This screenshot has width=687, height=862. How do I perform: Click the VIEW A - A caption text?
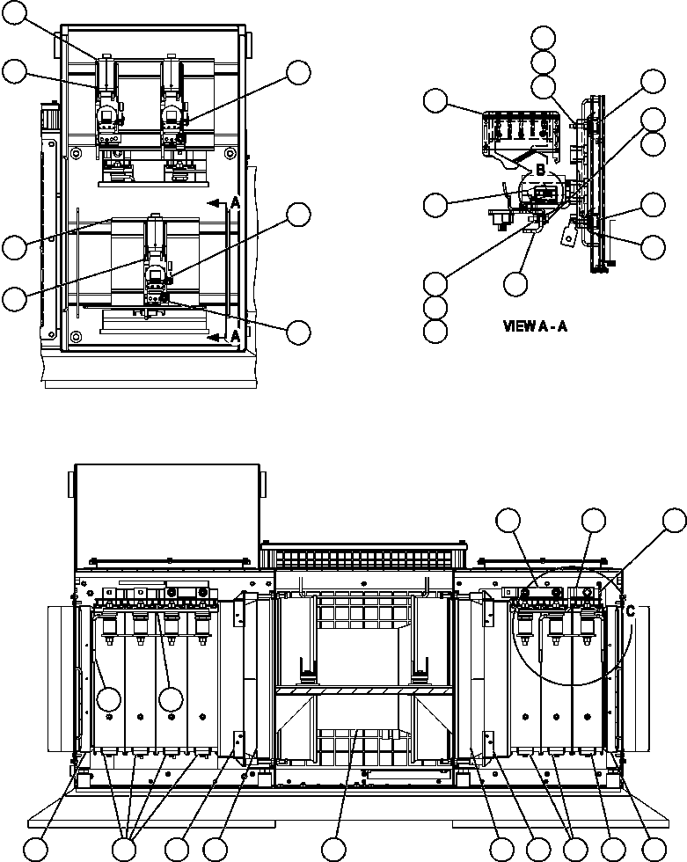point(534,325)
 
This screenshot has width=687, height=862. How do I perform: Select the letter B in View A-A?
point(540,168)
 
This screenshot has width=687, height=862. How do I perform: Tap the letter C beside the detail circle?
point(630,610)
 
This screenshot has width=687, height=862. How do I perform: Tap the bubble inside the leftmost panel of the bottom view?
point(109,699)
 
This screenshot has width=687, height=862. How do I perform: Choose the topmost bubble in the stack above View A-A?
point(544,37)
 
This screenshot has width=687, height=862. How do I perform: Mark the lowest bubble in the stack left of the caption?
point(435,331)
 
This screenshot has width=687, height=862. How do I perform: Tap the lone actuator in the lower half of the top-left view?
point(157,267)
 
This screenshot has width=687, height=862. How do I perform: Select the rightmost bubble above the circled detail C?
point(674,520)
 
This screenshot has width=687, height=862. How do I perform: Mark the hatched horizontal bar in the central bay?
point(364,691)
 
